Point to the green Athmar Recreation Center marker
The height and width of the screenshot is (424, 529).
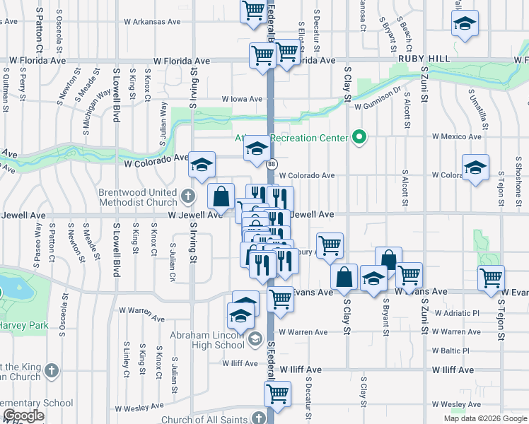coord(360,137)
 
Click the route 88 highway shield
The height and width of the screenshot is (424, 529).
coord(272,164)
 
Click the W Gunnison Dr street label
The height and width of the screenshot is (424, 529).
coord(378,105)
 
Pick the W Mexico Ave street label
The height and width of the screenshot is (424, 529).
coord(456,135)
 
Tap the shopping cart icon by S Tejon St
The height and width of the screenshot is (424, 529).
coord(491,278)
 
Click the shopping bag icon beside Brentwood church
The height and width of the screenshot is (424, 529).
coord(221,195)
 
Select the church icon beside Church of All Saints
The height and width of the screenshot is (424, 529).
coord(260,418)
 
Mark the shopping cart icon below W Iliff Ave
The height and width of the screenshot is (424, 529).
coord(277,393)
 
